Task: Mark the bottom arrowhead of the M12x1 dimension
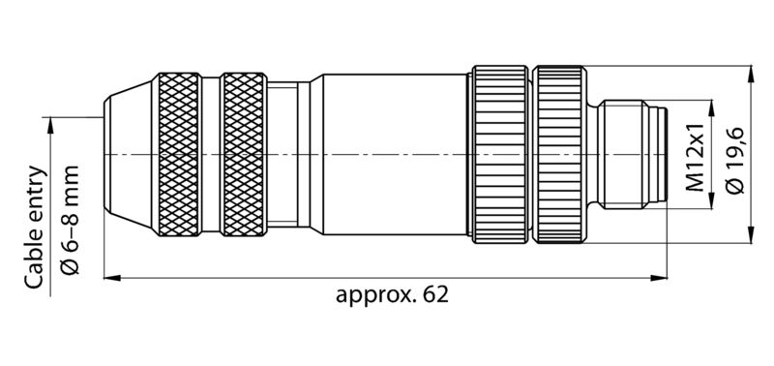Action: pyautogui.click(x=713, y=204)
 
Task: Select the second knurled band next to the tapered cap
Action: pyautogui.click(x=245, y=155)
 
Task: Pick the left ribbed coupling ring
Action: pyautogui.click(x=498, y=155)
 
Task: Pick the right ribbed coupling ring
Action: pyautogui.click(x=560, y=155)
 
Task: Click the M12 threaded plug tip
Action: pyautogui.click(x=633, y=155)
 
